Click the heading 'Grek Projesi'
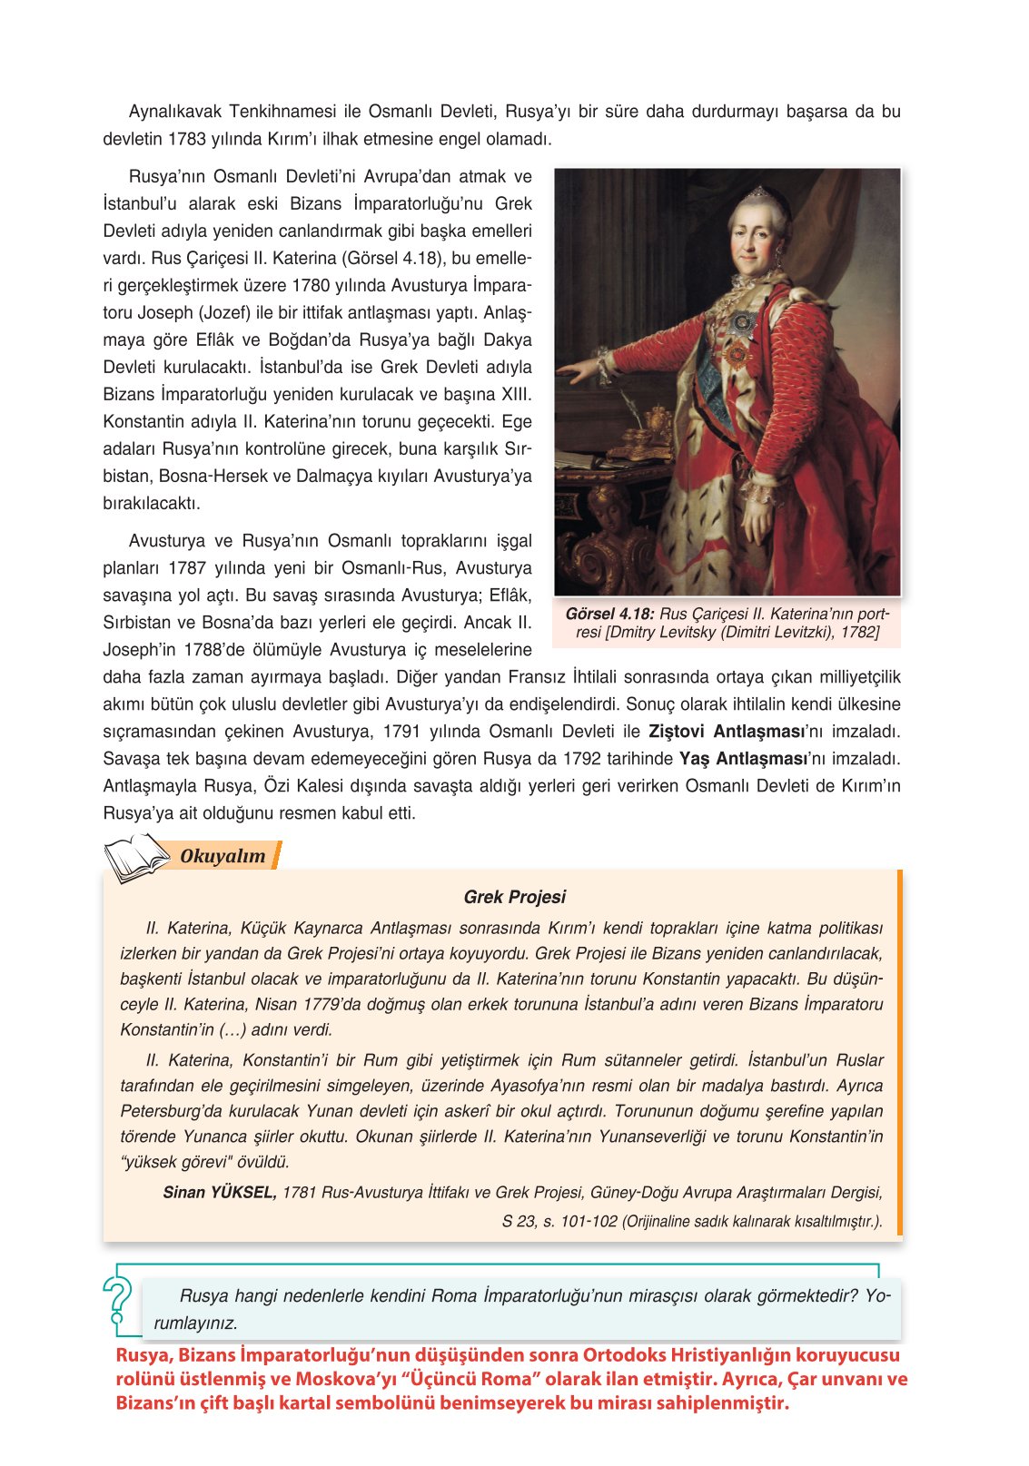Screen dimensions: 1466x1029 coord(514,897)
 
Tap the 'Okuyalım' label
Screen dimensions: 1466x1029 coord(223,856)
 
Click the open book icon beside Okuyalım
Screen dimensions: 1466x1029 coord(136,859)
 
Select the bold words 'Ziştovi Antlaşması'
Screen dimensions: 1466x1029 coord(726,732)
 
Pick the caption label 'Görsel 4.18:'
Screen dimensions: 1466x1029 coord(609,615)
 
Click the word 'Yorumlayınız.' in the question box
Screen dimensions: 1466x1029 coord(195,1323)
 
